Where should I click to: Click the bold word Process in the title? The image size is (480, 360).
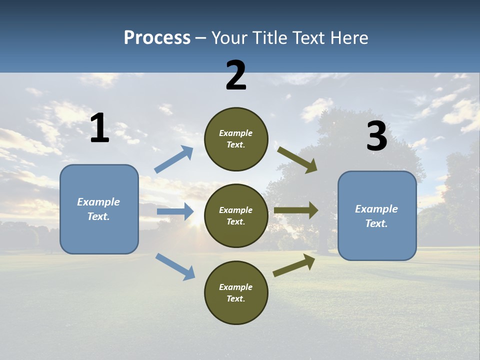(157, 38)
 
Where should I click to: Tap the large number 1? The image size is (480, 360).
(99, 128)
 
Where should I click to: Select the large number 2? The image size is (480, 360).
(236, 76)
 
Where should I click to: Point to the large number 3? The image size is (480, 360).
(376, 136)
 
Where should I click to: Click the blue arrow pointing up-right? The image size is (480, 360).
(173, 159)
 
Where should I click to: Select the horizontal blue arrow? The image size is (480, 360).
(175, 211)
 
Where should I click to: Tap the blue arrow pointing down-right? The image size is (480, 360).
(175, 266)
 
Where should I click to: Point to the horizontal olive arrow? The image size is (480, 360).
(296, 210)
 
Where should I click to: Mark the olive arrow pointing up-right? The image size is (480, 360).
(294, 265)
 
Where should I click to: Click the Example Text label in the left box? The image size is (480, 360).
(98, 209)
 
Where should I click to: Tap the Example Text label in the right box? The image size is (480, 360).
(376, 216)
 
